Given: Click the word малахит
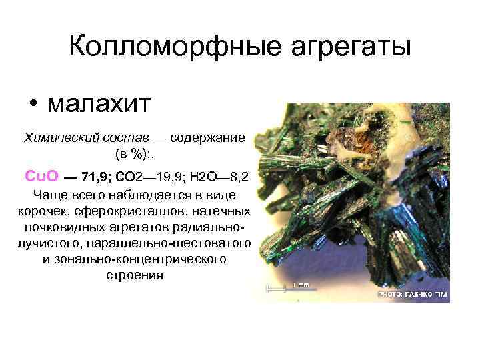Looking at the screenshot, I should click(x=101, y=103).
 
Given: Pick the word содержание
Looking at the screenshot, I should click(x=208, y=138).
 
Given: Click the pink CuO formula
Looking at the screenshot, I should click(x=42, y=176).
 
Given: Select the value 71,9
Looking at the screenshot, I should click(x=95, y=177).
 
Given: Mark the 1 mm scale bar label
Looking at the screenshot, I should click(x=301, y=285).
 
